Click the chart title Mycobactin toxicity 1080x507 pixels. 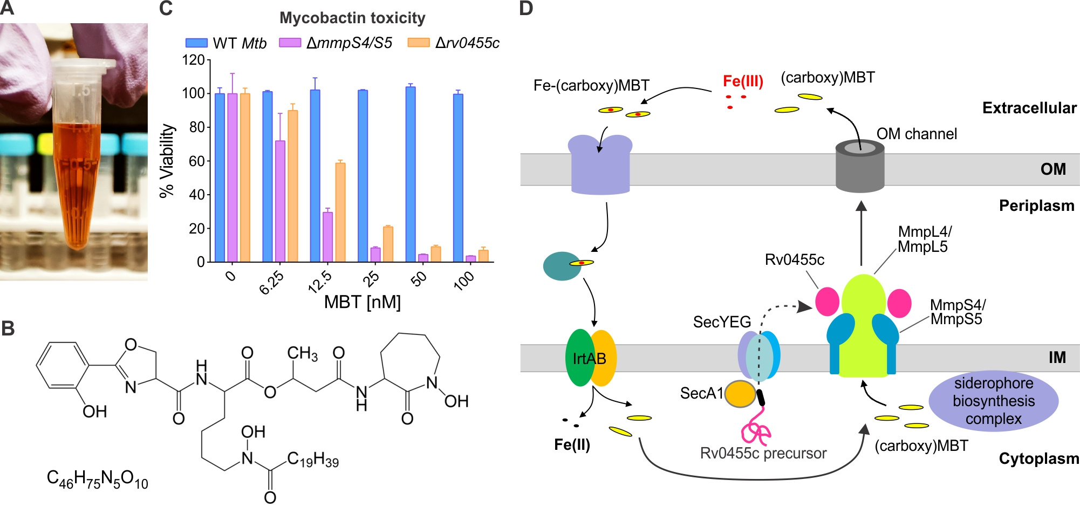[x=352, y=18]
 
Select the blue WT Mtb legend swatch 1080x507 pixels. [x=196, y=43]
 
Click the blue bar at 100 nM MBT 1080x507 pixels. [x=458, y=178]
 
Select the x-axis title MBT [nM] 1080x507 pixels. [x=362, y=302]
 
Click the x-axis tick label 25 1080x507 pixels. [x=371, y=279]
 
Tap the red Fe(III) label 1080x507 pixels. [x=743, y=81]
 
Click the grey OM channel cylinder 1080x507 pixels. [x=860, y=167]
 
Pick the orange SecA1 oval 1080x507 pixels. [x=740, y=394]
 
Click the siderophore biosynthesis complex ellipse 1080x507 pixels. [x=993, y=401]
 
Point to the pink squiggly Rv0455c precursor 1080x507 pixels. [x=756, y=429]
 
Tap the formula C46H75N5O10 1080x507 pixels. [x=97, y=479]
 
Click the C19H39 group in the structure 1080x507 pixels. [x=313, y=460]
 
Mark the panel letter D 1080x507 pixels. [x=525, y=9]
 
